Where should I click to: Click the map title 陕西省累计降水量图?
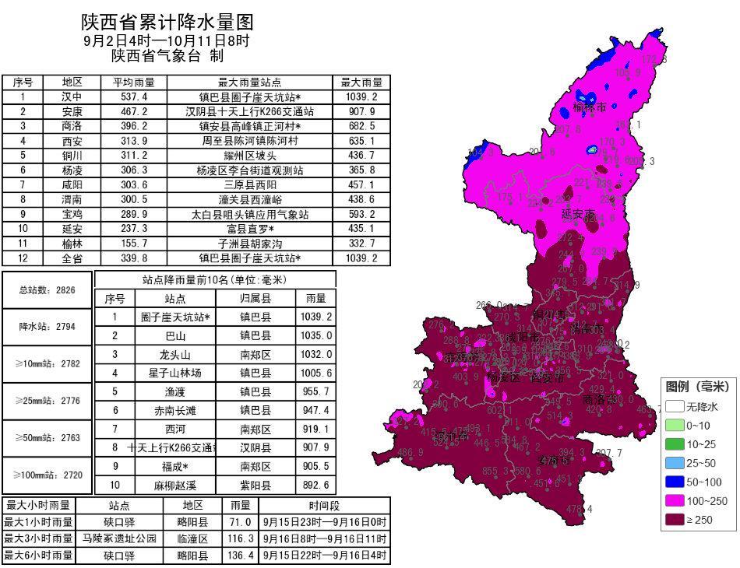167,23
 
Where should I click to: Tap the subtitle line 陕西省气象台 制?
167,56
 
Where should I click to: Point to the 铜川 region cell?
72,156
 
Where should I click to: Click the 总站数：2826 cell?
48,290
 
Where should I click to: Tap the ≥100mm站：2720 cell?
48,474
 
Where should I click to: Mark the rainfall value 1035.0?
316,335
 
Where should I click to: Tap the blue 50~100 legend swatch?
674,482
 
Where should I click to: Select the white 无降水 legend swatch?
674,406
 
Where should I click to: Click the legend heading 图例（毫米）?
697,387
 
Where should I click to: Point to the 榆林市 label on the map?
590,107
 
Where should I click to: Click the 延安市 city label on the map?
577,213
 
